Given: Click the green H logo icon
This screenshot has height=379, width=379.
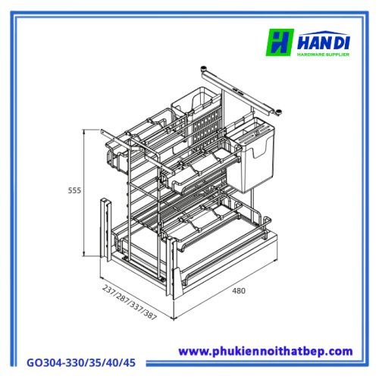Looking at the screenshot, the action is click(x=280, y=42).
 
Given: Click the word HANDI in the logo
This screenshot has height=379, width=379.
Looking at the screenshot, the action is click(x=324, y=42).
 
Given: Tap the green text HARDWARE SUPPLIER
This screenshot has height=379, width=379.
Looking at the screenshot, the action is click(x=323, y=55).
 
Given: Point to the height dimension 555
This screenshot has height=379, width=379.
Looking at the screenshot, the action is click(x=74, y=190).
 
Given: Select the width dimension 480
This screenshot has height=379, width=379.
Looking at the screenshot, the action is click(x=239, y=291).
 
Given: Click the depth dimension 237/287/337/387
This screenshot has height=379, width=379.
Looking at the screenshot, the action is click(x=130, y=302).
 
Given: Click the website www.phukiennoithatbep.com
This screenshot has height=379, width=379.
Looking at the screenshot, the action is click(x=265, y=352).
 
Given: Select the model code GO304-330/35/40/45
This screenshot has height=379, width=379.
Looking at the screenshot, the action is click(x=81, y=363).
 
